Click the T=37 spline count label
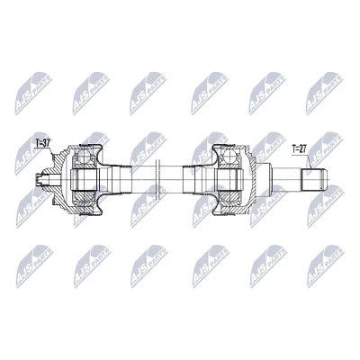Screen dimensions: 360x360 pos(42,143)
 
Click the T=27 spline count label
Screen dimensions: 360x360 pos(299,148)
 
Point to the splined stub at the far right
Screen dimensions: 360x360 pos(313,180)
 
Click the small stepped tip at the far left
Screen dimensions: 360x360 pos(38,180)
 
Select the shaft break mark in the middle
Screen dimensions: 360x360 pos(158,180)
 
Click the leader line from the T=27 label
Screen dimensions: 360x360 pos(310,161)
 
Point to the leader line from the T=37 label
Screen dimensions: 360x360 pos(51,151)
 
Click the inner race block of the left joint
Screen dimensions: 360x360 pos(85,180)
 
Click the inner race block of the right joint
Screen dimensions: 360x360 pos(229,180)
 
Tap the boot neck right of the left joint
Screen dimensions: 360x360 pos(121,180)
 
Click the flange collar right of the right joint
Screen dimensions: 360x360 pos(263,180)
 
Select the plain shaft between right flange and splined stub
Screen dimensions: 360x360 pos(286,180)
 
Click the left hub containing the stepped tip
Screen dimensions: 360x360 pos(53,180)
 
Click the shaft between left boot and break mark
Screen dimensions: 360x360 pos(144,180)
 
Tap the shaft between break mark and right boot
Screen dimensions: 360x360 pos(172,180)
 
